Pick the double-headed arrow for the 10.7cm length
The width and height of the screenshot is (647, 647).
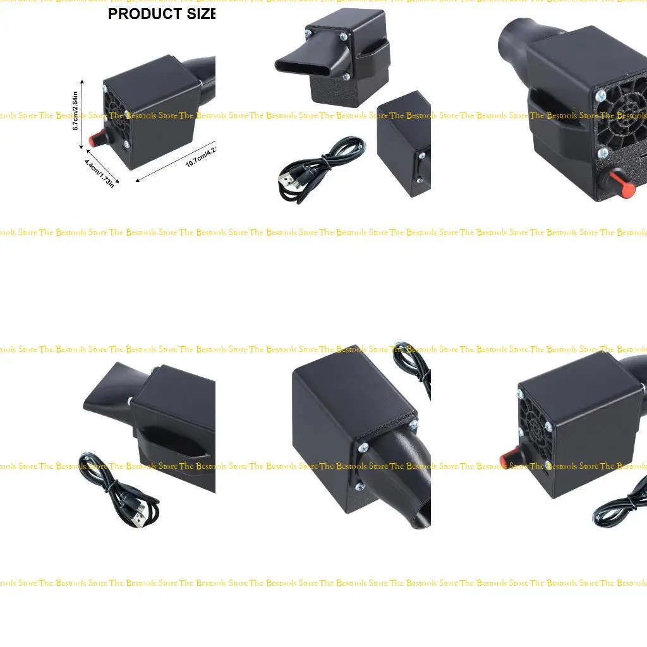[x=177, y=161]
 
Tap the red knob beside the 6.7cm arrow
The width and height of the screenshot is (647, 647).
[x=97, y=139]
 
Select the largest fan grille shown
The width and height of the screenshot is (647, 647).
[x=622, y=120]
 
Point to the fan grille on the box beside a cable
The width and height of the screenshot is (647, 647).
[x=535, y=417]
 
